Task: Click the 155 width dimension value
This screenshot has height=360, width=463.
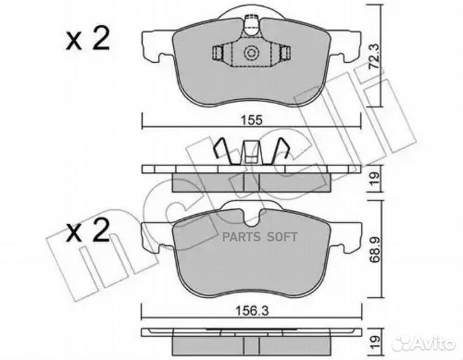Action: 252,120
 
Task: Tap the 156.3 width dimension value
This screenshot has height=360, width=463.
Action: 252,311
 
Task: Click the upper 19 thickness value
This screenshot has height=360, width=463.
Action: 374,179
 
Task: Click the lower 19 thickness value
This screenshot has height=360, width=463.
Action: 374,342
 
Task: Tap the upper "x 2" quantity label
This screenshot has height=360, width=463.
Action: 87,39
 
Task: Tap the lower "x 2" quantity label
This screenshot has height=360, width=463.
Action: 87,231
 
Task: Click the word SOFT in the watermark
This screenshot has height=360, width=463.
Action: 282,237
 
